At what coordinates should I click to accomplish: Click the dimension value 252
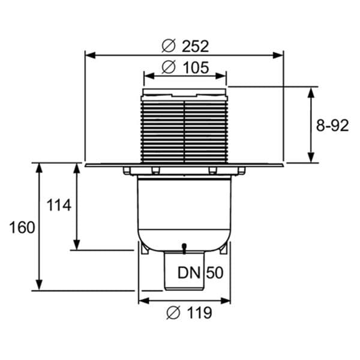195,46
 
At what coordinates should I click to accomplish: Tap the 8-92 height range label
332,125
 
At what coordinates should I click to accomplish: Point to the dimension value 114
59,205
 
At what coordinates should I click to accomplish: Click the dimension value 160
22,227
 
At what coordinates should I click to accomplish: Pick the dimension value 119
199,313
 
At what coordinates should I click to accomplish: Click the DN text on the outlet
189,273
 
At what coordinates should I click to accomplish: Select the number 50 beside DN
215,273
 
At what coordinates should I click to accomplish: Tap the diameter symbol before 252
169,46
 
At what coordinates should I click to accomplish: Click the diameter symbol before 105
169,67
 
